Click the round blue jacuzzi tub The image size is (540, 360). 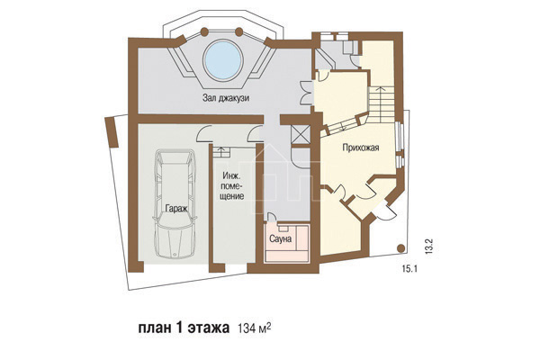[x=223, y=60]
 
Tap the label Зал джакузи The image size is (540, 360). [x=226, y=98]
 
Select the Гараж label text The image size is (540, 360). [x=176, y=209]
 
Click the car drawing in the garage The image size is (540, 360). [x=175, y=203]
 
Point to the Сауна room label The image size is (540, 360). [x=280, y=238]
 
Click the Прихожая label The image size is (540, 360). [x=361, y=148]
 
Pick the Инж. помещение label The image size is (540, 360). [x=232, y=186]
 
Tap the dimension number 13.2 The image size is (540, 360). [x=428, y=247]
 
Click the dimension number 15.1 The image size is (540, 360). [x=409, y=269]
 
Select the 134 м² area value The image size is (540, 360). [x=254, y=328]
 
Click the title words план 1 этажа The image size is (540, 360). [x=184, y=328]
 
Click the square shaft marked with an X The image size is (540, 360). [x=300, y=134]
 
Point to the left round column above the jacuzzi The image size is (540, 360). [x=204, y=32]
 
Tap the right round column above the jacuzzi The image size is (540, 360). [x=239, y=32]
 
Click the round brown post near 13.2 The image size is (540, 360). [x=400, y=248]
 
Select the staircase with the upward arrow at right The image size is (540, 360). [x=382, y=104]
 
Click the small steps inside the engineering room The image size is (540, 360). [x=221, y=152]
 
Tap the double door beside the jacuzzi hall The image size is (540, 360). [x=306, y=93]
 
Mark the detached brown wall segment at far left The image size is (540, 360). [x=112, y=132]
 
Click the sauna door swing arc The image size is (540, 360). [x=272, y=217]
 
